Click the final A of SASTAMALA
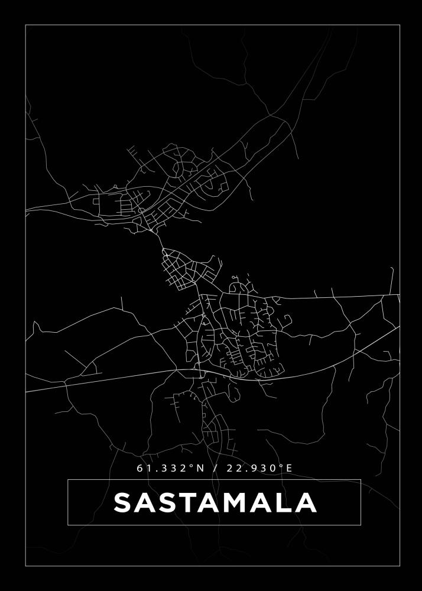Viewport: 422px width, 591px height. coord(306,503)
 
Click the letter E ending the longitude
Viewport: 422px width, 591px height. coord(289,468)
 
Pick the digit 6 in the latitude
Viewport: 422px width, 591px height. coord(140,468)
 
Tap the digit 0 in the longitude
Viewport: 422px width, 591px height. coord(272,468)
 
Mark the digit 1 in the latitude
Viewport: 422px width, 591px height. coord(148,468)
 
